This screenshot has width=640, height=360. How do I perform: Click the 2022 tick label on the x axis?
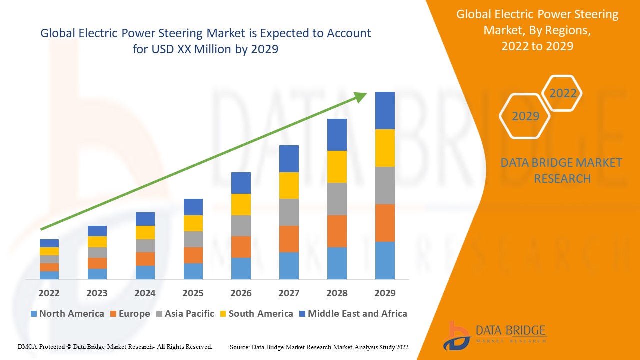coord(49,293)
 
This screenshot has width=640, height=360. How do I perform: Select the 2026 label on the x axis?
coord(241,293)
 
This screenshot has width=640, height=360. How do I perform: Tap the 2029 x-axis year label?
coord(385,293)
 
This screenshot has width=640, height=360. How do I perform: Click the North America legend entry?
coord(67,314)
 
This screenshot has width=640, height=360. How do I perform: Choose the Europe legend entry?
coord(130,314)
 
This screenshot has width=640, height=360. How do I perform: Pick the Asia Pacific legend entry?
coord(185,314)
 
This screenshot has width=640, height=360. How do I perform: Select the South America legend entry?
coord(256,314)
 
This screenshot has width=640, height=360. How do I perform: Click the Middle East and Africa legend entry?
coord(353,314)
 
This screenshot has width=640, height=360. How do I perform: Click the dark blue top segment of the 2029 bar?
coord(385,110)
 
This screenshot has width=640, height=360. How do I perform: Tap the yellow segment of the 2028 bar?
coord(337,166)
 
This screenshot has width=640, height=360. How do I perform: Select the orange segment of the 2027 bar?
coord(289,239)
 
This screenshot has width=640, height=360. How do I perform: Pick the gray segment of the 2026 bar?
coord(241,225)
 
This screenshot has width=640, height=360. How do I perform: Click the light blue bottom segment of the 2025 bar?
coord(193,271)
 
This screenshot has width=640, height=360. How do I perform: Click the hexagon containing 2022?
coord(562,93)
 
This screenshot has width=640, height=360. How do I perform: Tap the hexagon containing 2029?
coord(525,116)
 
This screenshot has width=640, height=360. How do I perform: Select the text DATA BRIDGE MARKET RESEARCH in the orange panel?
coord(561,170)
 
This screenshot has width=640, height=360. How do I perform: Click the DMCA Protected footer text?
coord(115,346)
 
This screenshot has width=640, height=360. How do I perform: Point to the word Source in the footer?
coord(239,347)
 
